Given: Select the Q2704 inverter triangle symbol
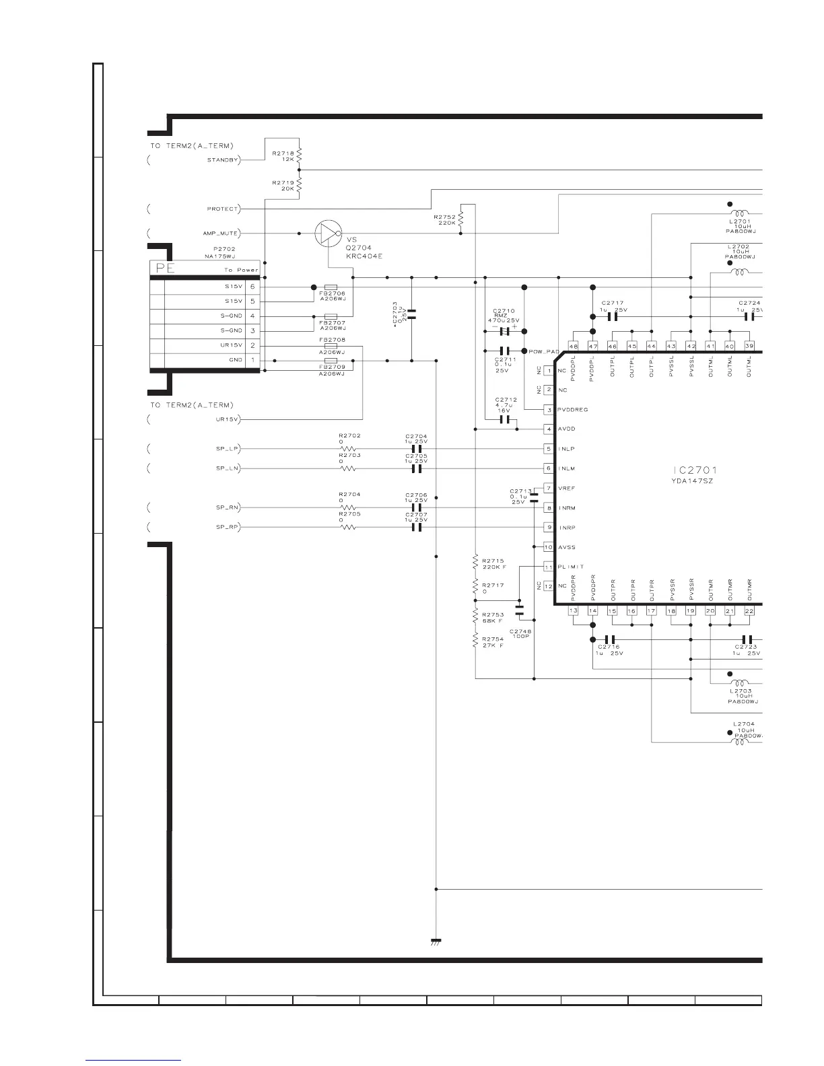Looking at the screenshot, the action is [327, 234].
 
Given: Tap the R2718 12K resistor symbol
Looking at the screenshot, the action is [299, 156].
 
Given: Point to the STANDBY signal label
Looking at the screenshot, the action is [223, 160].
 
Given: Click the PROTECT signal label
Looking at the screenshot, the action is [222, 209].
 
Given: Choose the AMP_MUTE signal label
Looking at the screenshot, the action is [221, 234].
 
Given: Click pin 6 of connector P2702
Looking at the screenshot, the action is [252, 287].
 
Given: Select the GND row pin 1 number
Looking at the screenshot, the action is [252, 360].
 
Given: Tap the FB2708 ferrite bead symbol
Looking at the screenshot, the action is [331, 347].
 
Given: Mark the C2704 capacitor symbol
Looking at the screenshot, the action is [416, 448].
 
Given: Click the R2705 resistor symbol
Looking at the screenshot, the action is [348, 527].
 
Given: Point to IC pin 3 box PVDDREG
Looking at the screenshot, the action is [549, 410].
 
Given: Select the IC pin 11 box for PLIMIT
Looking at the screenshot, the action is [549, 567].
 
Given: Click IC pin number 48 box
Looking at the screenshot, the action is [573, 346].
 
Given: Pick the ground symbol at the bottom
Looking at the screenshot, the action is [436, 941].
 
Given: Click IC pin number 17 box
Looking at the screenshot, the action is [651, 611].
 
